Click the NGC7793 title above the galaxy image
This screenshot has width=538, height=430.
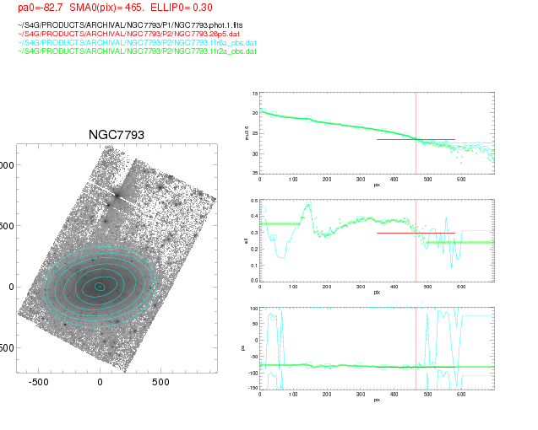point(117,135)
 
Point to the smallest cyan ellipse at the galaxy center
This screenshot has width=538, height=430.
point(100,287)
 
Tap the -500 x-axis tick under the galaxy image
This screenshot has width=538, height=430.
point(38,382)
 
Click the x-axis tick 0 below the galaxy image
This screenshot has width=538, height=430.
point(100,382)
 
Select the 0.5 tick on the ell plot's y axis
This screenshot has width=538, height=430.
point(254,202)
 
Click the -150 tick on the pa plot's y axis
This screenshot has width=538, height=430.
point(253,389)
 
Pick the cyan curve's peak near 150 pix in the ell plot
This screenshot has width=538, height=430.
point(307,204)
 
